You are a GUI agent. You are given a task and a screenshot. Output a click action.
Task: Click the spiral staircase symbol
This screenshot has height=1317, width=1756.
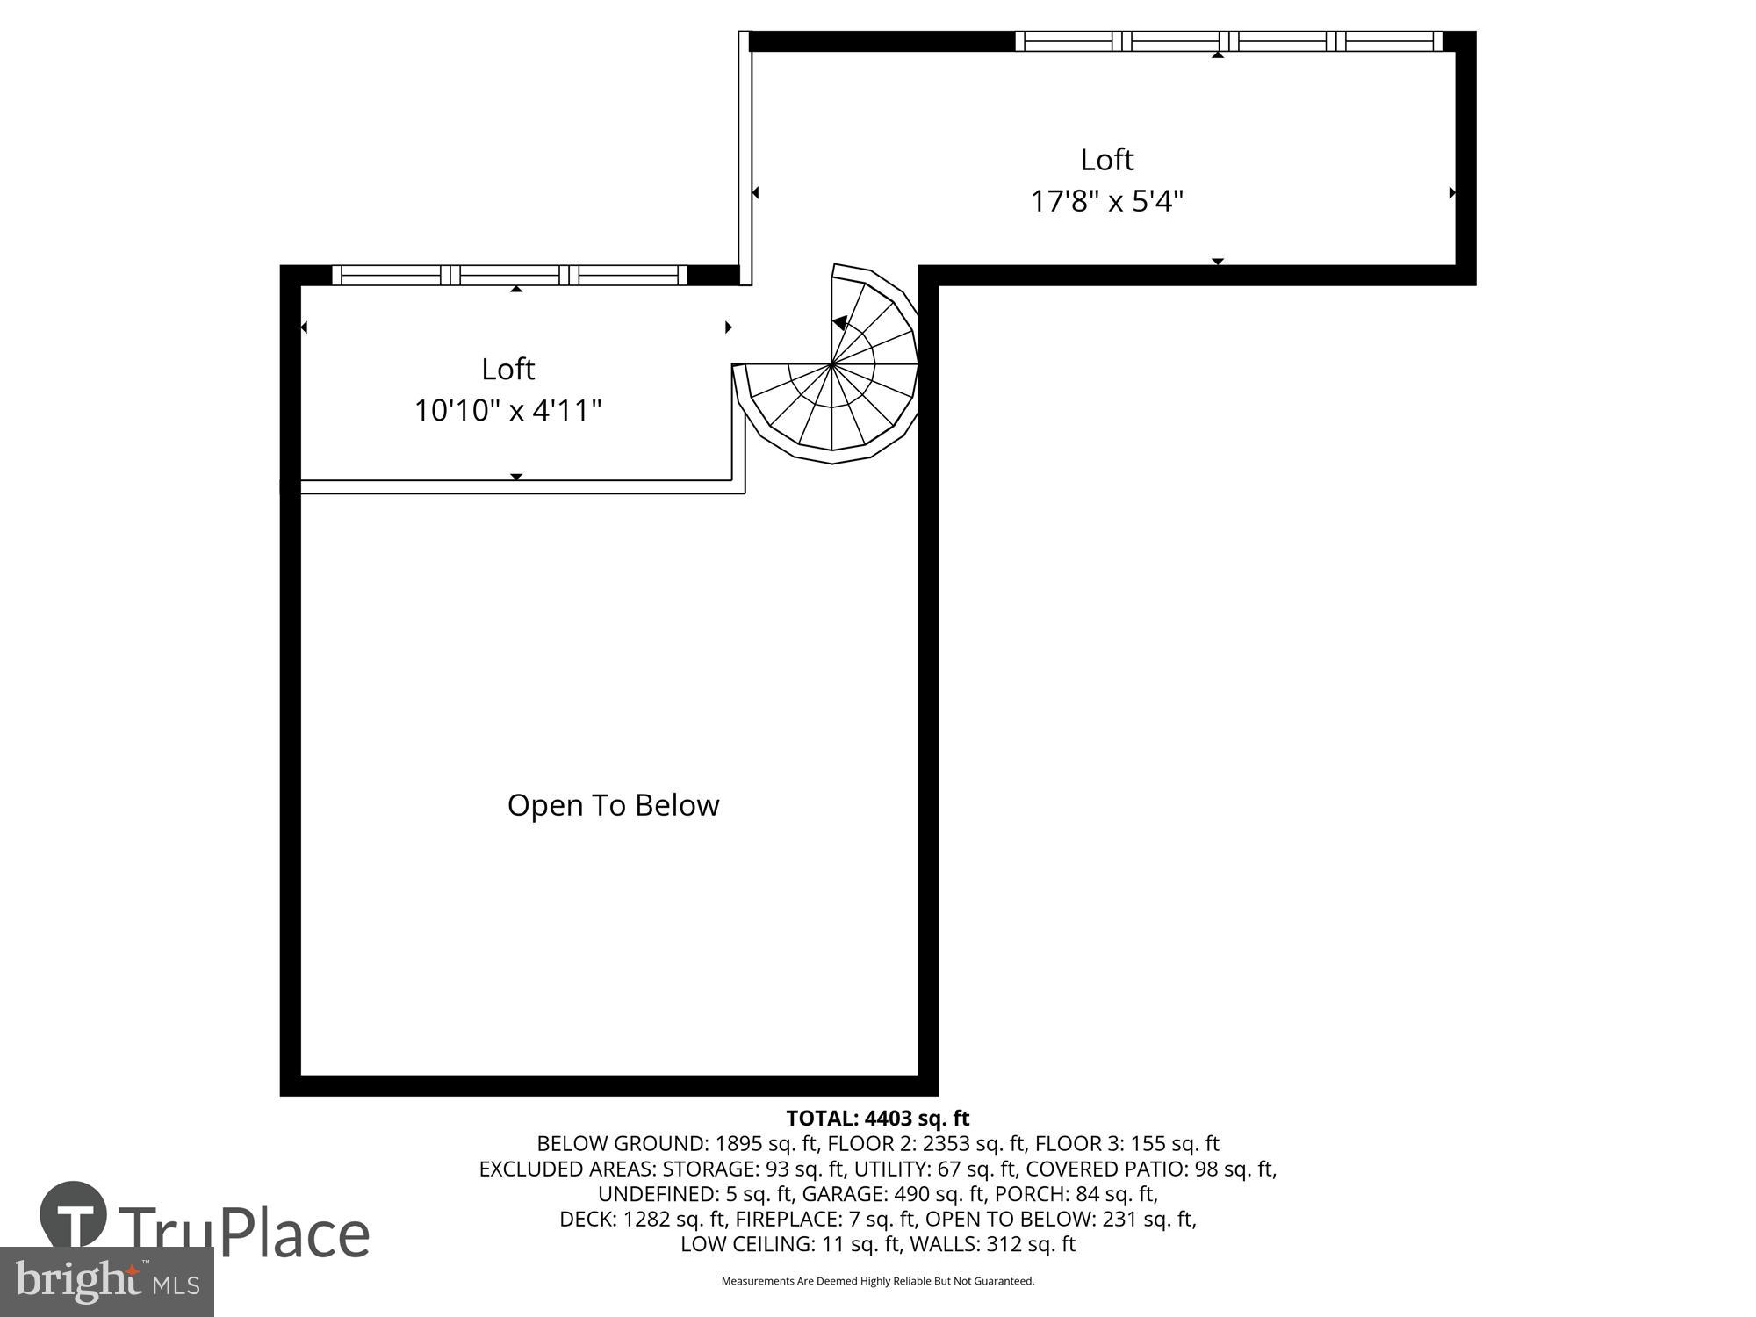pyautogui.click(x=831, y=363)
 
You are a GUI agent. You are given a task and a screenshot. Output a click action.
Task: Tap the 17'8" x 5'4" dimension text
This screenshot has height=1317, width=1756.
pyautogui.click(x=1106, y=202)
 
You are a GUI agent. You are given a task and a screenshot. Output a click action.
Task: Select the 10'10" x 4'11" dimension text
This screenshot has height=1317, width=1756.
pyautogui.click(x=507, y=411)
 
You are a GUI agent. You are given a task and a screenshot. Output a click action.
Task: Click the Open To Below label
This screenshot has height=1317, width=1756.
pyautogui.click(x=613, y=805)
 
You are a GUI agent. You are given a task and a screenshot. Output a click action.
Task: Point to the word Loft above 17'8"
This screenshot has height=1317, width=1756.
pyautogui.click(x=1106, y=160)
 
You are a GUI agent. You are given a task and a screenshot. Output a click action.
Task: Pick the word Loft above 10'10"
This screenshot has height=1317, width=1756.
pyautogui.click(x=507, y=369)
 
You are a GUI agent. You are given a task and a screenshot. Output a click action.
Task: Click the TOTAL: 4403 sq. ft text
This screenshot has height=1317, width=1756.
pyautogui.click(x=877, y=1118)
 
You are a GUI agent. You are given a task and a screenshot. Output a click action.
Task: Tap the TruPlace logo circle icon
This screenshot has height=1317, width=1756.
pyautogui.click(x=74, y=1216)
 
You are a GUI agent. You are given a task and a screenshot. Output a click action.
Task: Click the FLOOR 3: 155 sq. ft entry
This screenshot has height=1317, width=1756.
pyautogui.click(x=1126, y=1143)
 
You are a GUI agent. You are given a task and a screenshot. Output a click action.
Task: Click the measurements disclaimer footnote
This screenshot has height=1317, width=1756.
pyautogui.click(x=877, y=1281)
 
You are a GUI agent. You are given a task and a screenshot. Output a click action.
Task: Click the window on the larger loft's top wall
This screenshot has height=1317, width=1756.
pyautogui.click(x=1228, y=41)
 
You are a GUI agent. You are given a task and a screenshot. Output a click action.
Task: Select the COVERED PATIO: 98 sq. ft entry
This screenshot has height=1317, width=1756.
pyautogui.click(x=1151, y=1169)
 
